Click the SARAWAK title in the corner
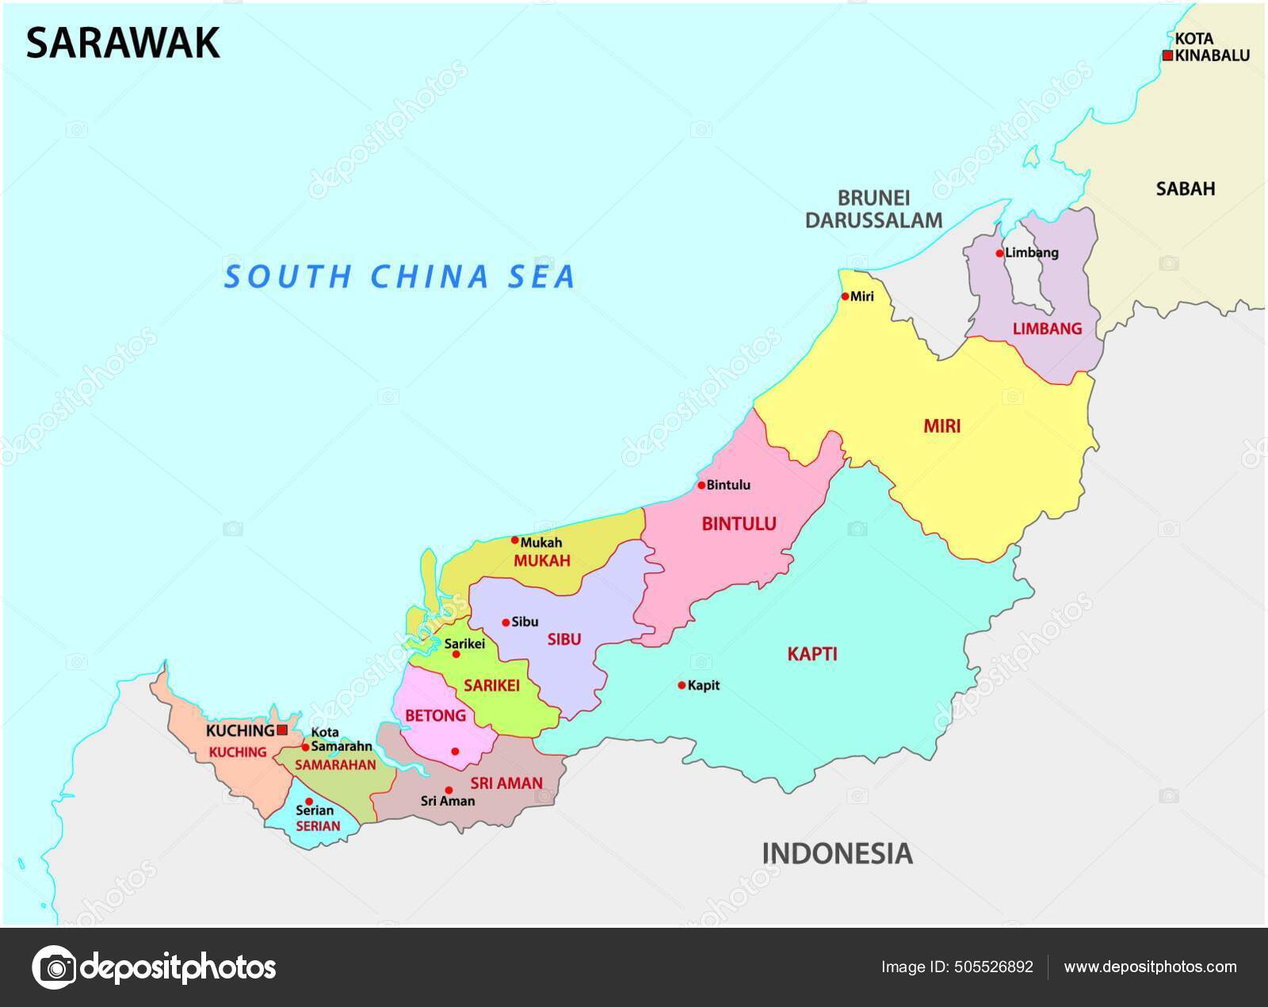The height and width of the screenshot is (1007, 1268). pos(123,43)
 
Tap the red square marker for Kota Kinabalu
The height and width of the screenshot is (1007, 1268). pos(1167,55)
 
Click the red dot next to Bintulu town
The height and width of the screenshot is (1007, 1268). pos(701,485)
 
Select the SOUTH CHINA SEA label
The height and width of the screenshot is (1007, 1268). pos(400,277)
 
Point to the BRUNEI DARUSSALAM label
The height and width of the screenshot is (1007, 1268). pos(874,209)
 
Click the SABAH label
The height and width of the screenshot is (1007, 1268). pos(1185,189)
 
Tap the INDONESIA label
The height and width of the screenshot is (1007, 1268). pos(837,853)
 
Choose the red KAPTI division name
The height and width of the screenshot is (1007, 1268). pos(812,654)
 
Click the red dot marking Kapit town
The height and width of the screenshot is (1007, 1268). pos(682,685)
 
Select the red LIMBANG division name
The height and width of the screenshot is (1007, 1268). pos(1047,328)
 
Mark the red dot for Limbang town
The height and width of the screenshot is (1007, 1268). pos(1000,254)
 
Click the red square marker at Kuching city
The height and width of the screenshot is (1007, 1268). pos(282,730)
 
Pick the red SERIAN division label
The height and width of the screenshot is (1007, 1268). pos(317,826)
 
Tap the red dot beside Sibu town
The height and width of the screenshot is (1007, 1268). pos(506,623)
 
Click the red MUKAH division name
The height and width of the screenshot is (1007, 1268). pos(542,561)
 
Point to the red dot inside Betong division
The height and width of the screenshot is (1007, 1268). pos(455,751)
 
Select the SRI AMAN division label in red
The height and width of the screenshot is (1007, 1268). pos(506,784)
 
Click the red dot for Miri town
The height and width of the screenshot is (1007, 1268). pos(846,297)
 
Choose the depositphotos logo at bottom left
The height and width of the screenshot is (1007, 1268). pos(154,967)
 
